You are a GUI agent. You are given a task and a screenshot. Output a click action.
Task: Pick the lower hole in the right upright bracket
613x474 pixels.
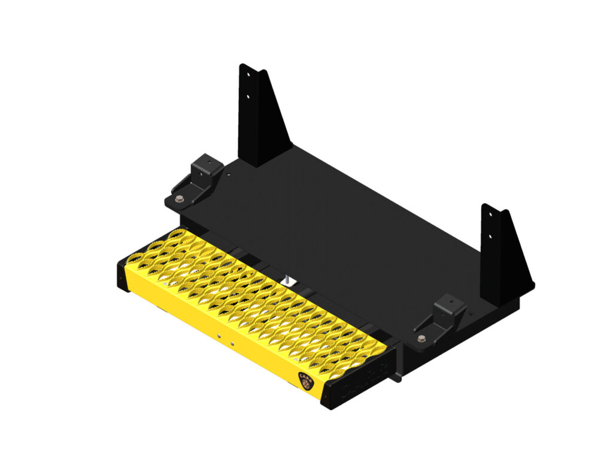coord(490,236)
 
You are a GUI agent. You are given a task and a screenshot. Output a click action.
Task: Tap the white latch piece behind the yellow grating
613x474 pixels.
coord(287,279)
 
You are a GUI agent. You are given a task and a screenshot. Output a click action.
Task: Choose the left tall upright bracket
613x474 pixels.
coord(261,117)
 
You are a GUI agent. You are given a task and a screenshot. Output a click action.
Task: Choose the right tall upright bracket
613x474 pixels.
coord(503,255)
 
